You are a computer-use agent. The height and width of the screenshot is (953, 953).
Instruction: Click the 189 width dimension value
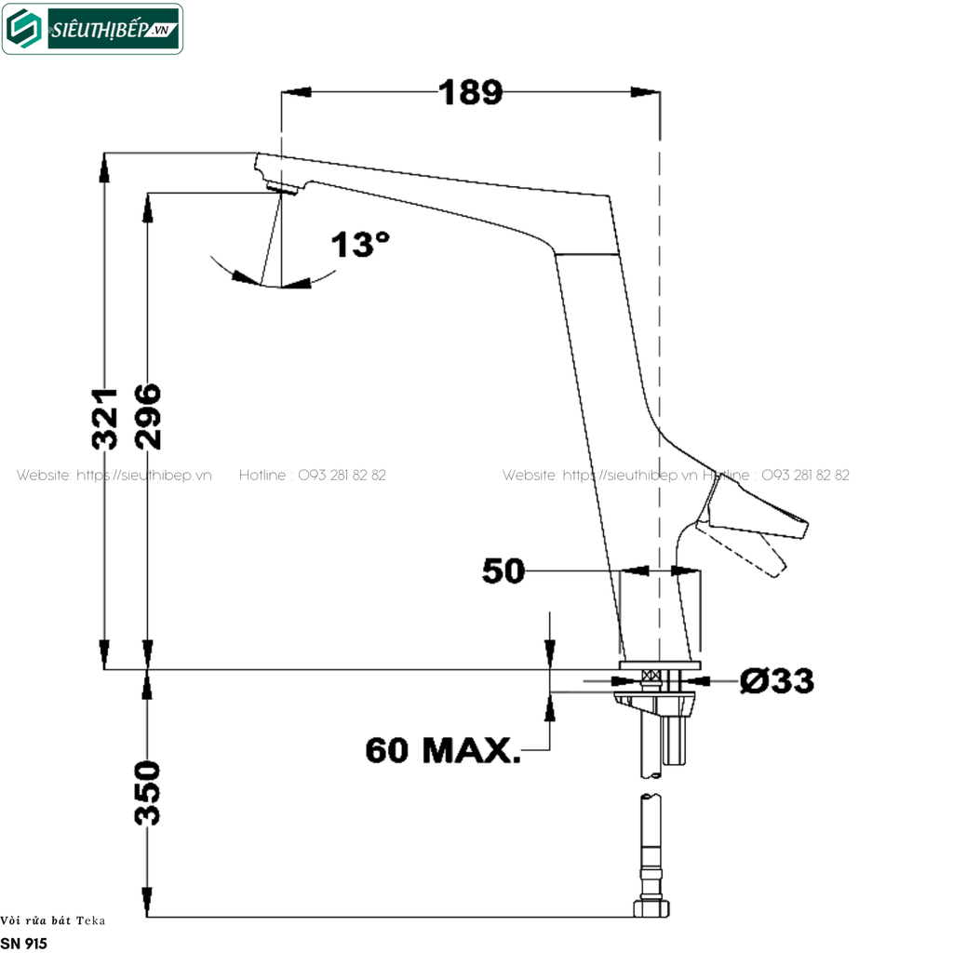coord(470,92)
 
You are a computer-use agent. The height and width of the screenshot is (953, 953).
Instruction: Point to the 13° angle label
coord(360,245)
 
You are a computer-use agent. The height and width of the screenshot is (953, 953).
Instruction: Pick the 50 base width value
coord(503,571)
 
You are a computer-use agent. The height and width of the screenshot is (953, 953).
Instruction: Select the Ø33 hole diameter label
coord(776,680)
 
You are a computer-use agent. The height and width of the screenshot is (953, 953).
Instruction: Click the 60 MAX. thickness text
coord(442,749)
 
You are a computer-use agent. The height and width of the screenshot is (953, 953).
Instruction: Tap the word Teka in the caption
coord(91,920)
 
